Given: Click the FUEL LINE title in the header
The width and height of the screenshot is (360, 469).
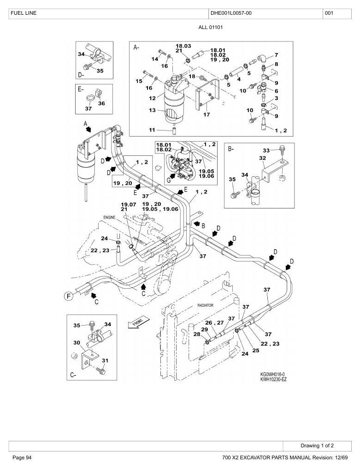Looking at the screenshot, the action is [24, 13].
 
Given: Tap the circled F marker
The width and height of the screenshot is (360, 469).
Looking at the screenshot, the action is [69, 297].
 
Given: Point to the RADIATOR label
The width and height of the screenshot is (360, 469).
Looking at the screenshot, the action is [206, 305].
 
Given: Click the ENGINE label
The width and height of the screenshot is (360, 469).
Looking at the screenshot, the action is [109, 218].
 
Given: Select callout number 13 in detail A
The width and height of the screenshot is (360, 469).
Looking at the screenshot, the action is [152, 110].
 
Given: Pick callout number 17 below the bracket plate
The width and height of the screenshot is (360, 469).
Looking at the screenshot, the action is [207, 114].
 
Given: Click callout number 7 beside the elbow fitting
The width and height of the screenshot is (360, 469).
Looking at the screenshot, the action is [277, 55].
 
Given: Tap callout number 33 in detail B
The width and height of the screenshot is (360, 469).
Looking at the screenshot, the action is [266, 150].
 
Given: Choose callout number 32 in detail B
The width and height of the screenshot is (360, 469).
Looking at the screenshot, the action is [263, 158].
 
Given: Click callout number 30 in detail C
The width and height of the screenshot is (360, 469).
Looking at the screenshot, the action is [77, 343].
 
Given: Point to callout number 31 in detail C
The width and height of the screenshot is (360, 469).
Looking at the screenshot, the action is [105, 361].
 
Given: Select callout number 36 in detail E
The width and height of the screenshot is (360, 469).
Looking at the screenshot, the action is [102, 103].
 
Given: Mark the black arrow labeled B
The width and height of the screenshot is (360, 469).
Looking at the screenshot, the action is [197, 223].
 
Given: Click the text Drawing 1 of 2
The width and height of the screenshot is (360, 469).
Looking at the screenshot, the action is [317, 445].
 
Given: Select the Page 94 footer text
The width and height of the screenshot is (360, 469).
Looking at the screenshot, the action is [22, 457].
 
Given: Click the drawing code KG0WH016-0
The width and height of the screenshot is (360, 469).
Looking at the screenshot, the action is [272, 374].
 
